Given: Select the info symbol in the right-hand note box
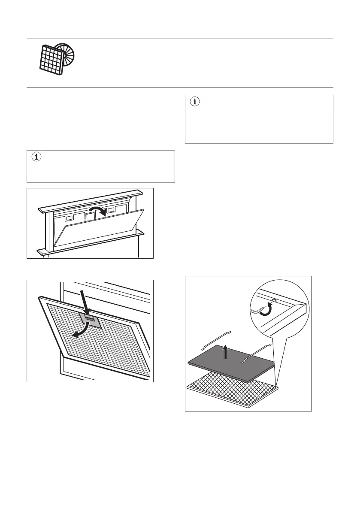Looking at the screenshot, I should pyautogui.click(x=195, y=102).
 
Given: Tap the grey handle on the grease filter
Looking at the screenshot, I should pyautogui.click(x=90, y=319).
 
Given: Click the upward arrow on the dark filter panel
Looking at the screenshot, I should pyautogui.click(x=224, y=352).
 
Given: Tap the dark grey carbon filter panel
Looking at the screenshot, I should pyautogui.click(x=232, y=363).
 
